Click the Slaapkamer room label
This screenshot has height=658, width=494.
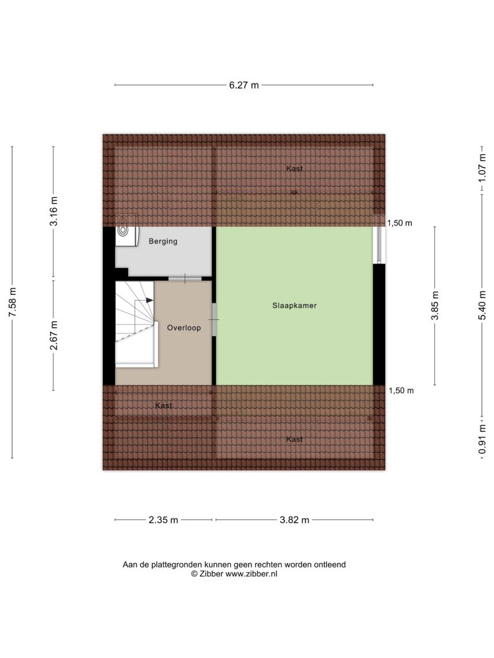294,305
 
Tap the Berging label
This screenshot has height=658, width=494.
163,242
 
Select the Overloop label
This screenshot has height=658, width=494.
184,328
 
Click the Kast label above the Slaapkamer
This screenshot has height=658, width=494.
294,169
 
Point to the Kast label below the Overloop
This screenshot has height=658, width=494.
163,405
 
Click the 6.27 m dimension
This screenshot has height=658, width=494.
244,85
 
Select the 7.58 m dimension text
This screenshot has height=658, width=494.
13,302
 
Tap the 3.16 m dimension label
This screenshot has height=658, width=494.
54,211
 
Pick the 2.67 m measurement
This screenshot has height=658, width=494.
54,335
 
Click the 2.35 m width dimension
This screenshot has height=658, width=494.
163,520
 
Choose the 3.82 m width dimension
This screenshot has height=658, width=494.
295,520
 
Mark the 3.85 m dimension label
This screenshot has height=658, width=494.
435,305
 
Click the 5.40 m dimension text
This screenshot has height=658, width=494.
482,305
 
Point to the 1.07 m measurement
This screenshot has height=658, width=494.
482,168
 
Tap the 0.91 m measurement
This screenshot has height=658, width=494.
482,439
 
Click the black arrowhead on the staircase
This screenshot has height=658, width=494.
149,300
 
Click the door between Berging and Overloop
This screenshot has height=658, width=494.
185,279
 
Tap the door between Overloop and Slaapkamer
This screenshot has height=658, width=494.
214,320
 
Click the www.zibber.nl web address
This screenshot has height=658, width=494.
252,574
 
